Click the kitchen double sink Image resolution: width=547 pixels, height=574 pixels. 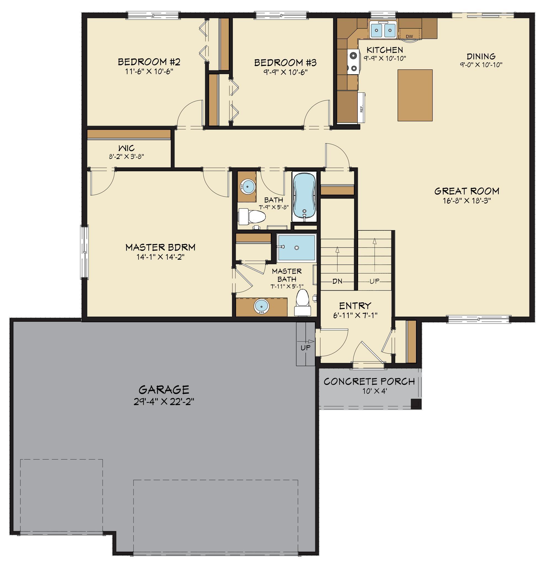click(383, 29)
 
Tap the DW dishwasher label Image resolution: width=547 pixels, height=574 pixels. click(409, 36)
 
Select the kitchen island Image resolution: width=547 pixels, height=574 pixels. click(415, 95)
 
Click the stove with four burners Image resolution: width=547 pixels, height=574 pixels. click(354, 62)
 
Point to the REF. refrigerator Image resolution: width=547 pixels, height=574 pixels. click(361, 107)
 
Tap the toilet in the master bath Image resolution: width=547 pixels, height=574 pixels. click(302, 304)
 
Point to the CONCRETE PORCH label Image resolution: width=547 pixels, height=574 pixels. click(369, 381)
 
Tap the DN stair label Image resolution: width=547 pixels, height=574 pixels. click(337, 281)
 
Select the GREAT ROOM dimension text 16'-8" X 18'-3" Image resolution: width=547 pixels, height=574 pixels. click(466, 201)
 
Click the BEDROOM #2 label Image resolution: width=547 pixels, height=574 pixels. click(149, 62)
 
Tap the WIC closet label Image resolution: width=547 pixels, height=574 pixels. click(127, 148)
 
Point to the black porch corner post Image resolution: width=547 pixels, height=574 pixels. click(415, 403)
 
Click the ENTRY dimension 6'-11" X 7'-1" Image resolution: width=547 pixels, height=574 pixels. click(355, 315)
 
